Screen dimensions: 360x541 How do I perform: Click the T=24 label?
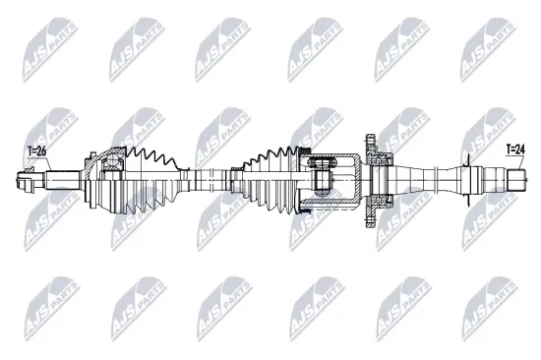point(515,150)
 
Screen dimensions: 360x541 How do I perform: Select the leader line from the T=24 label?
point(514,163)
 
